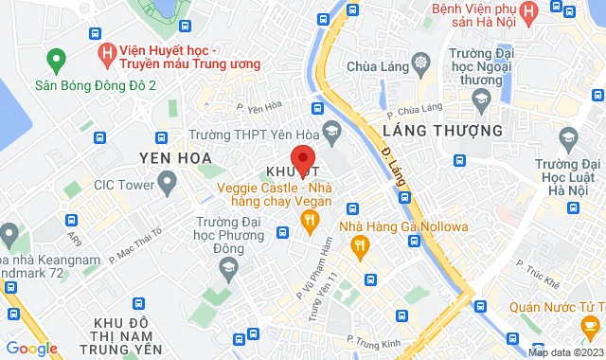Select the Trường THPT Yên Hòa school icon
coord(330,129)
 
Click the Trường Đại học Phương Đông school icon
coord(227,270)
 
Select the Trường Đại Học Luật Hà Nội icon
coord(568,139)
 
